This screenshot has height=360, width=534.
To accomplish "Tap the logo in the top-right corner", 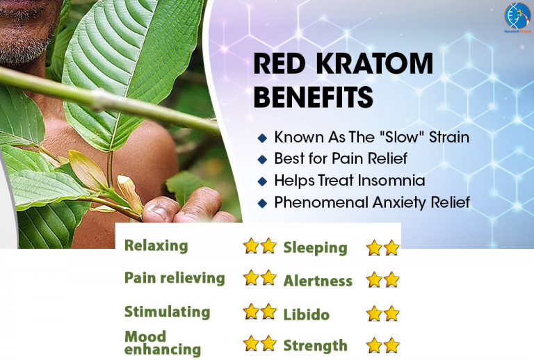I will (x=517, y=17).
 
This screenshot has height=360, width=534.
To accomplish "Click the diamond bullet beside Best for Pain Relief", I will (x=262, y=159).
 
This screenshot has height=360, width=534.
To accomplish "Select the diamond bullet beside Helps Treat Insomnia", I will (x=262, y=181).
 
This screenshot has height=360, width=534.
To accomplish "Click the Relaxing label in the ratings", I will (x=156, y=245).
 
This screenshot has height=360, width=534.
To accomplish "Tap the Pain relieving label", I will (x=175, y=278).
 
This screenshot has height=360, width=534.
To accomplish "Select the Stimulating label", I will (x=167, y=311).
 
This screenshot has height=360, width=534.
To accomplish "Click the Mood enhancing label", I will (x=162, y=343).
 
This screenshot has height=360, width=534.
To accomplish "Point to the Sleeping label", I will (x=315, y=247).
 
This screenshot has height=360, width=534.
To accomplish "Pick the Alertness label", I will (x=318, y=281).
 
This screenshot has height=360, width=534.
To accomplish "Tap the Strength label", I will (x=315, y=345).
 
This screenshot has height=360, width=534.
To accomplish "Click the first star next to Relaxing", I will (x=251, y=246).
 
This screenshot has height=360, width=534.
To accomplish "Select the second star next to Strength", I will (x=392, y=345).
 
